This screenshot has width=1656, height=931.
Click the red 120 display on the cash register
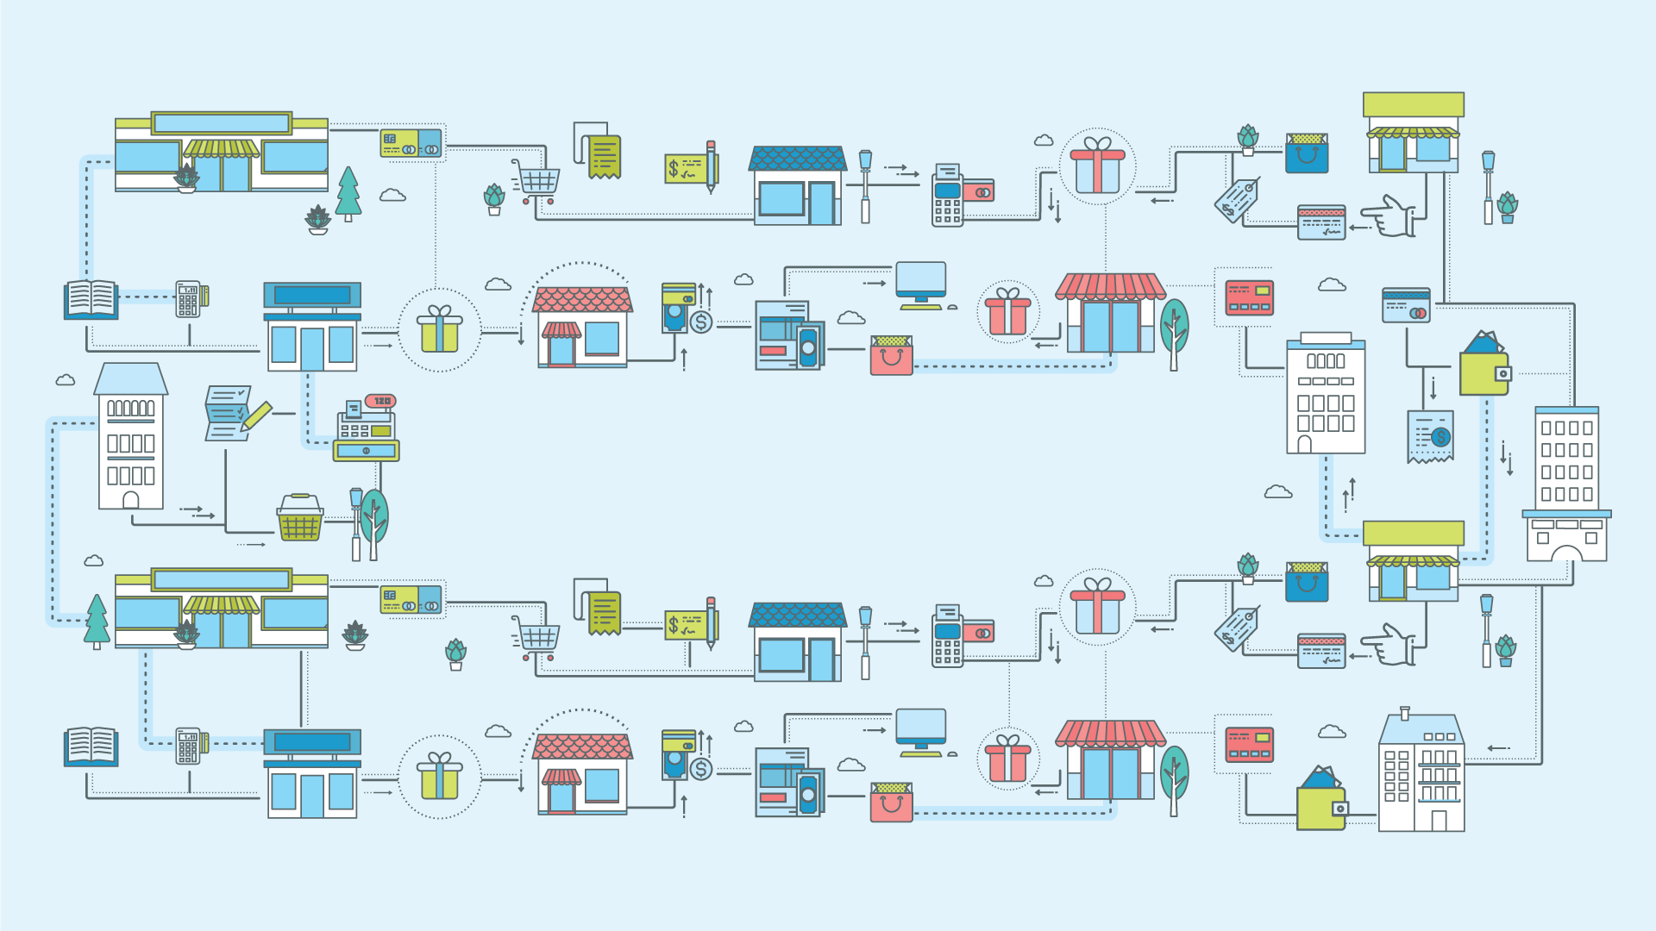click(x=380, y=401)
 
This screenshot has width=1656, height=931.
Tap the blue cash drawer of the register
click(x=367, y=450)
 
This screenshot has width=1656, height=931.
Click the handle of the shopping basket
click(x=300, y=498)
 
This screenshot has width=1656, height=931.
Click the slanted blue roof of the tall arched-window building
click(x=131, y=378)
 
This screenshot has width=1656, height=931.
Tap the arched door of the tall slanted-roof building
click(x=131, y=500)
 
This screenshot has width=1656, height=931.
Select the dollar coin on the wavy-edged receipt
click(x=1440, y=438)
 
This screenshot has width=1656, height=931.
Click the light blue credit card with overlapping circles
click(x=1406, y=306)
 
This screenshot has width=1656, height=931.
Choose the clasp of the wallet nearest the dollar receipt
click(x=1503, y=374)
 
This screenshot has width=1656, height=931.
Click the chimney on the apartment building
click(x=1405, y=714)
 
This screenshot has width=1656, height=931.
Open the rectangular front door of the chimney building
click(x=1439, y=820)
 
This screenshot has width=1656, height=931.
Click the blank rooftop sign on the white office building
click(x=1326, y=338)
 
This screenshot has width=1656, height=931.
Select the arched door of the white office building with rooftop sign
click(x=1305, y=445)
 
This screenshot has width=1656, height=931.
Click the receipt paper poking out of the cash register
click(x=354, y=409)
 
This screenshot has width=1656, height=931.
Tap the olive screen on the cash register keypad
click(x=380, y=430)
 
